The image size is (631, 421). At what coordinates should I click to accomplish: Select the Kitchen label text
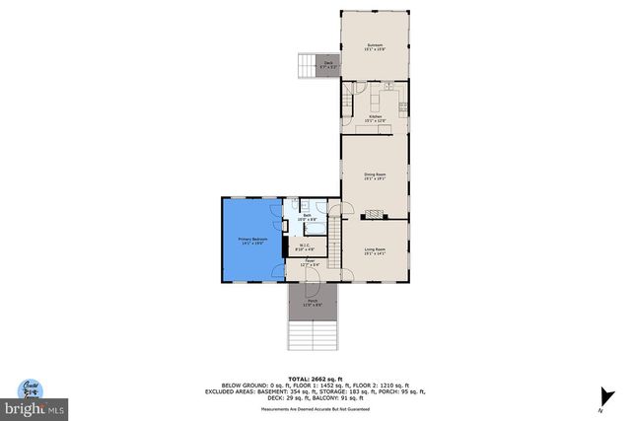[x=375, y=118]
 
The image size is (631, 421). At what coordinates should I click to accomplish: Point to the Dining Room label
[x=374, y=176]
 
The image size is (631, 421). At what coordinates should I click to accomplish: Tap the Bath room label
[x=307, y=216]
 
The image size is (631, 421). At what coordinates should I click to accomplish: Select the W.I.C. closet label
[x=306, y=247]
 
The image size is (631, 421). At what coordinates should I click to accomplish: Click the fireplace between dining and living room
[x=375, y=213]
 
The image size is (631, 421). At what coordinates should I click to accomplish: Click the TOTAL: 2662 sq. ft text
[x=315, y=379]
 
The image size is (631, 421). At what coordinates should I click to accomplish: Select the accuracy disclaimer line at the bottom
[x=315, y=408]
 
